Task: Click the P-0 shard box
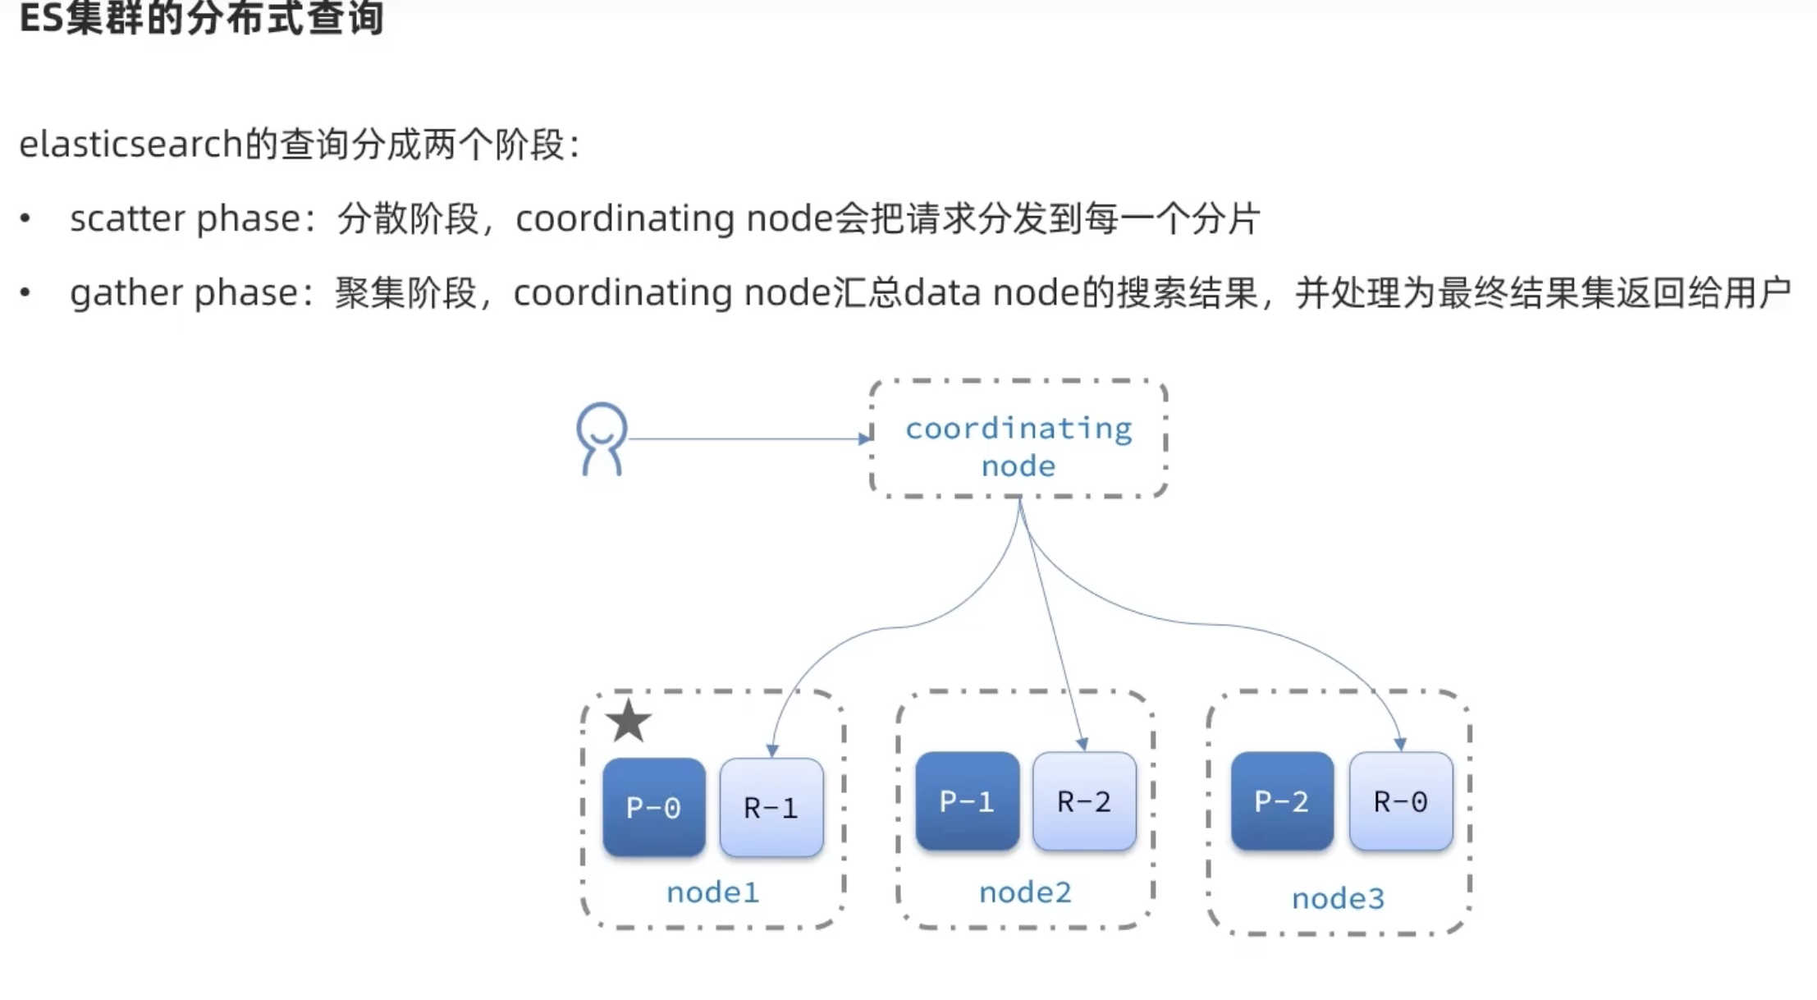coord(653,808)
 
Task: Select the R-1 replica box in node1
coord(771,808)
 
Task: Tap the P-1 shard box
coord(967,800)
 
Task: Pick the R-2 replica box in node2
coord(1084,800)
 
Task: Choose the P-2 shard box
coord(1282,800)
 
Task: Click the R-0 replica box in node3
coord(1400,800)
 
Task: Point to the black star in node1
coord(629,721)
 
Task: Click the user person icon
coord(602,439)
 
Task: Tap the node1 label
coord(712,892)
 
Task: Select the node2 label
coord(1025,892)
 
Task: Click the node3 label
coord(1338,899)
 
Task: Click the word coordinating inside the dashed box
coord(1018,429)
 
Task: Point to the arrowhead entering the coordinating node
coord(864,438)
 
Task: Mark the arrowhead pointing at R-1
coord(772,750)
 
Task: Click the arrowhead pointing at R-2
coord(1082,744)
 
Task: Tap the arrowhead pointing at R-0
coord(1400,744)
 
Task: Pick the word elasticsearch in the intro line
coord(130,144)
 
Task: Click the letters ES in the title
coord(41,18)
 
